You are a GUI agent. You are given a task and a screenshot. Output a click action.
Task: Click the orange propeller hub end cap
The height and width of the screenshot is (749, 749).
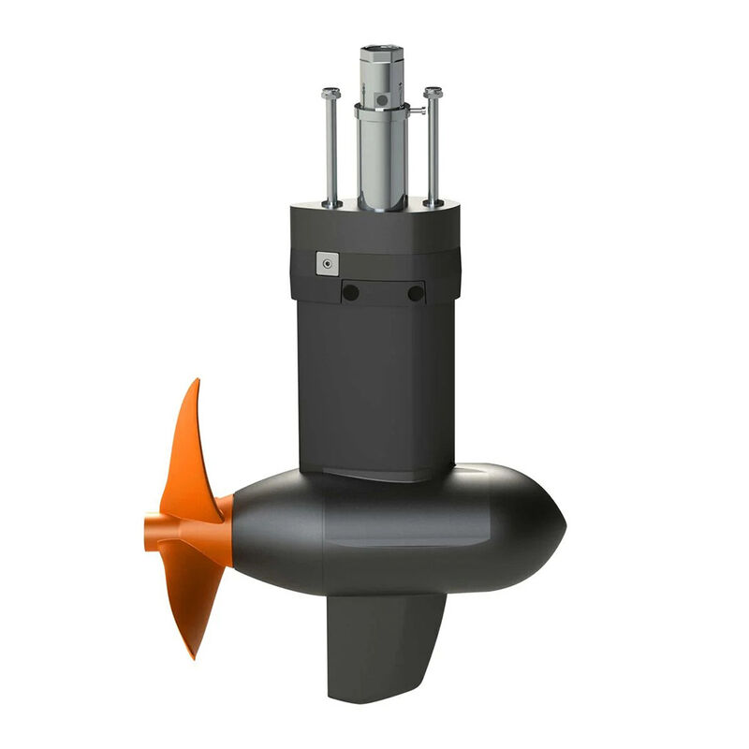point(150,533)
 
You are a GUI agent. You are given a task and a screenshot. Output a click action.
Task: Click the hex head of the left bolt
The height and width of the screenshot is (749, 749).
point(330,94)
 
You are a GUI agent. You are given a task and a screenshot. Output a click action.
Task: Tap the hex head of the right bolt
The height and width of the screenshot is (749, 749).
point(433,94)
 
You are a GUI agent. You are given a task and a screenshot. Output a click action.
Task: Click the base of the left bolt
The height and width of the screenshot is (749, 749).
point(330,202)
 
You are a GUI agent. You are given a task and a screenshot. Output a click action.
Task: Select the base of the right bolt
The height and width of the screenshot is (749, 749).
point(433,201)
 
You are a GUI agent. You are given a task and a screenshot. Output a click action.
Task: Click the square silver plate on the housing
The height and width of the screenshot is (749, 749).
point(327,264)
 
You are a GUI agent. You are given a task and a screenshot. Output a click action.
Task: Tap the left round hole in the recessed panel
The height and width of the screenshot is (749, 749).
point(351,292)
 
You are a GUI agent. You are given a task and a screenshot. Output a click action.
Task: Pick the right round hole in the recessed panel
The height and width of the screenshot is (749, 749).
point(416,293)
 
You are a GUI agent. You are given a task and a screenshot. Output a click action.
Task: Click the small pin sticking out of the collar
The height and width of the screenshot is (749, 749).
point(418,110)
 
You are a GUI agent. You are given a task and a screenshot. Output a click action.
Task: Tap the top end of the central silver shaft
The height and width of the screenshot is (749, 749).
point(381,48)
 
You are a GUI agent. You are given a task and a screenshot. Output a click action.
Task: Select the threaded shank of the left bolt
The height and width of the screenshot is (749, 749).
point(330,150)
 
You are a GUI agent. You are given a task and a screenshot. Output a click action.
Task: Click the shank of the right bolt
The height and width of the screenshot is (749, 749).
point(433,150)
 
